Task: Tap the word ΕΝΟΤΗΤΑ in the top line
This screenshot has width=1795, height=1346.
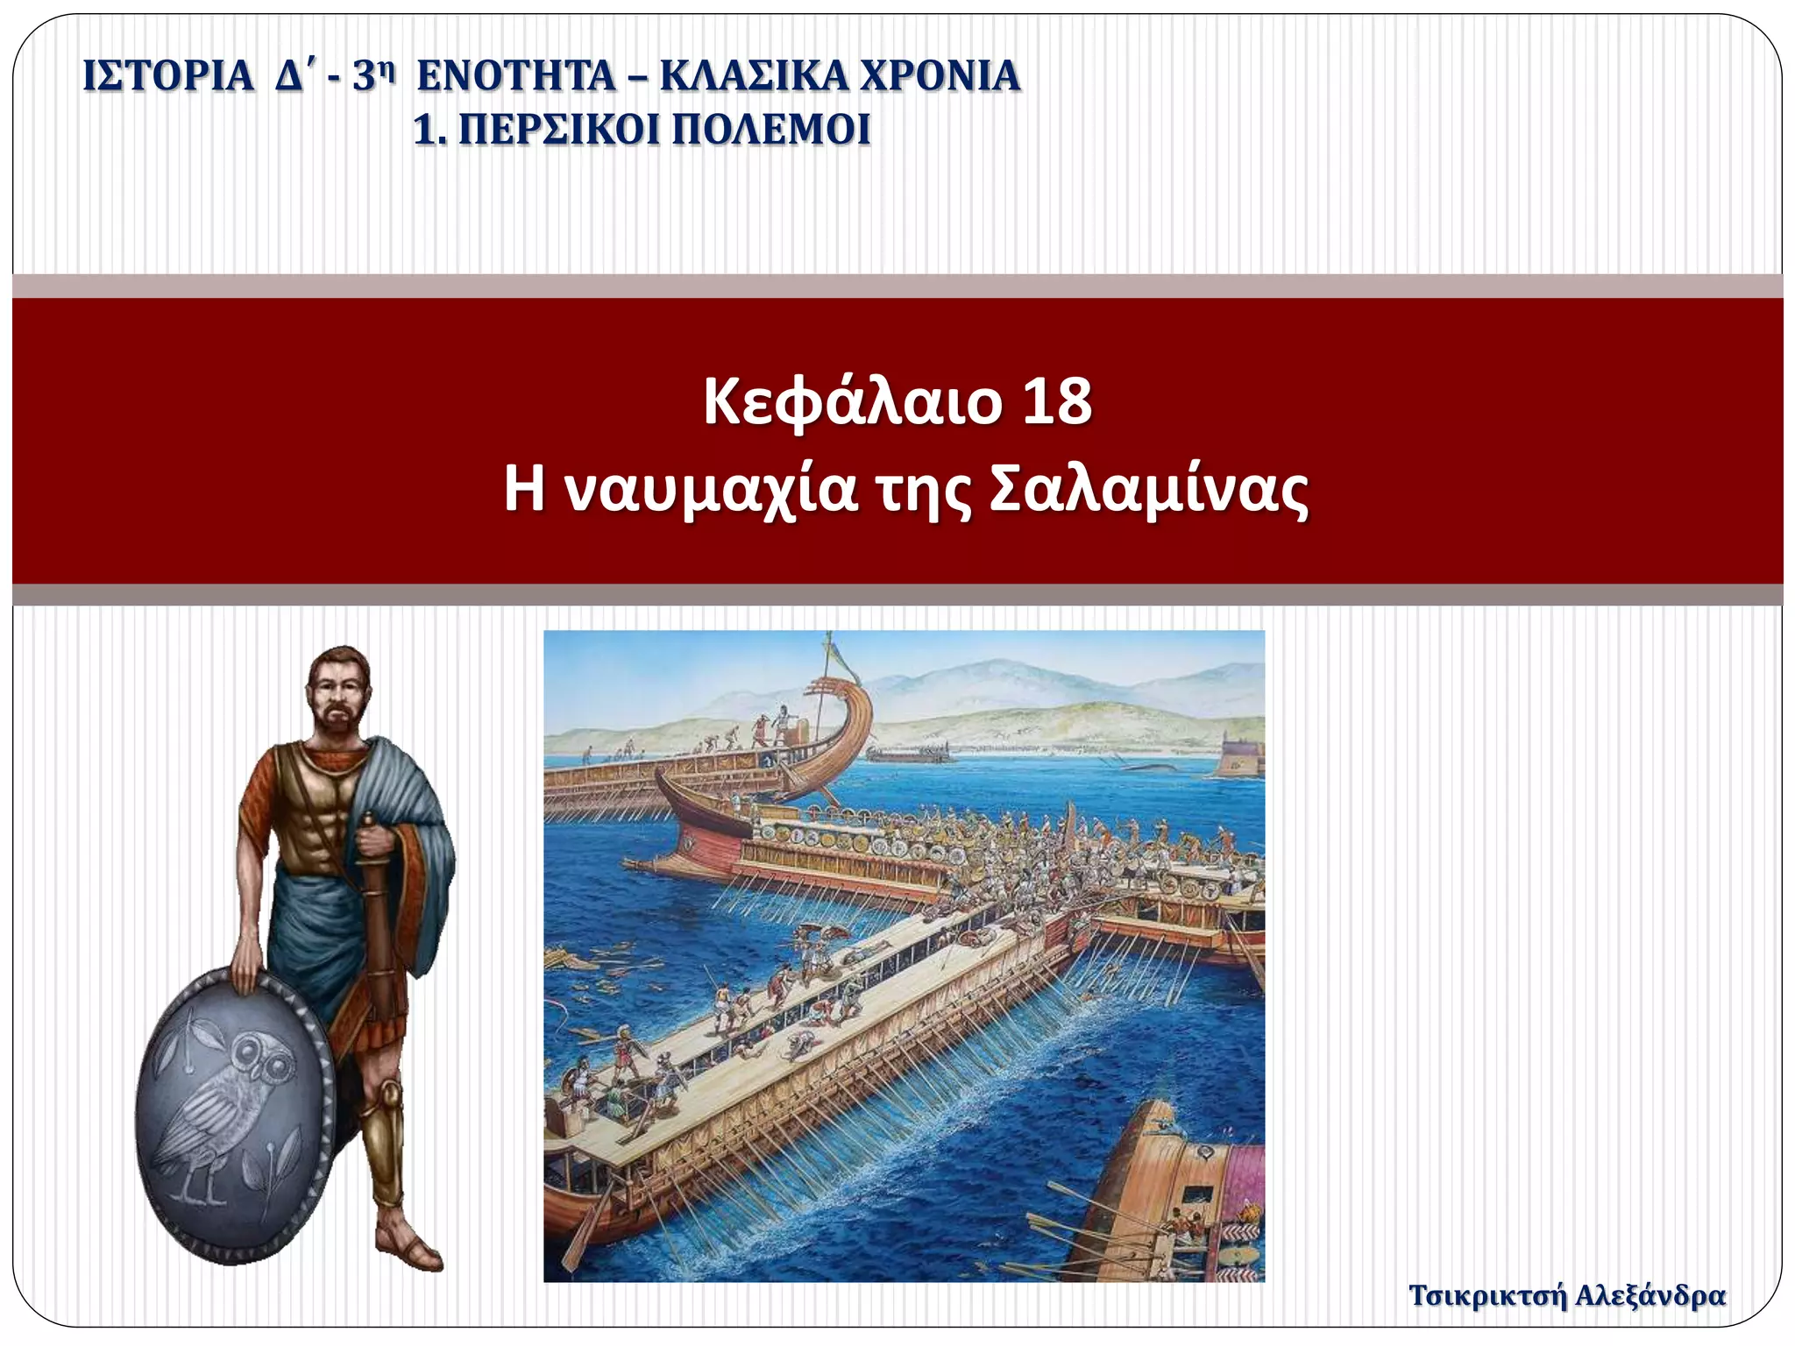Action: pyautogui.click(x=516, y=75)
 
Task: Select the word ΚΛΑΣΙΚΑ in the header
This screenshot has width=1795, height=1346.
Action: pyautogui.click(x=753, y=75)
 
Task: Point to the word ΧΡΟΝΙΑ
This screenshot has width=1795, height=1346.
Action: pyautogui.click(x=940, y=75)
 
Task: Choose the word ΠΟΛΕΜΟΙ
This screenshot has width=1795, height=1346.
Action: pyautogui.click(x=771, y=131)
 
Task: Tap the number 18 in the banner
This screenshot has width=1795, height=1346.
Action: pyautogui.click(x=1057, y=402)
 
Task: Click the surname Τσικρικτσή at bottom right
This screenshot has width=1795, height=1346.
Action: pyautogui.click(x=1486, y=1295)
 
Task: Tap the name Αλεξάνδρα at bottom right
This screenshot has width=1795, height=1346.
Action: pyautogui.click(x=1650, y=1295)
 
